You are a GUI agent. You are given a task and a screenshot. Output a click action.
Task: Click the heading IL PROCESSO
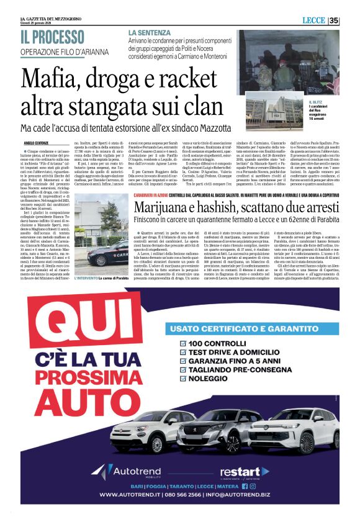[53, 37]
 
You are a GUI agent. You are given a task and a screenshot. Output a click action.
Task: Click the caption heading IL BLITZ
[317, 102]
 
